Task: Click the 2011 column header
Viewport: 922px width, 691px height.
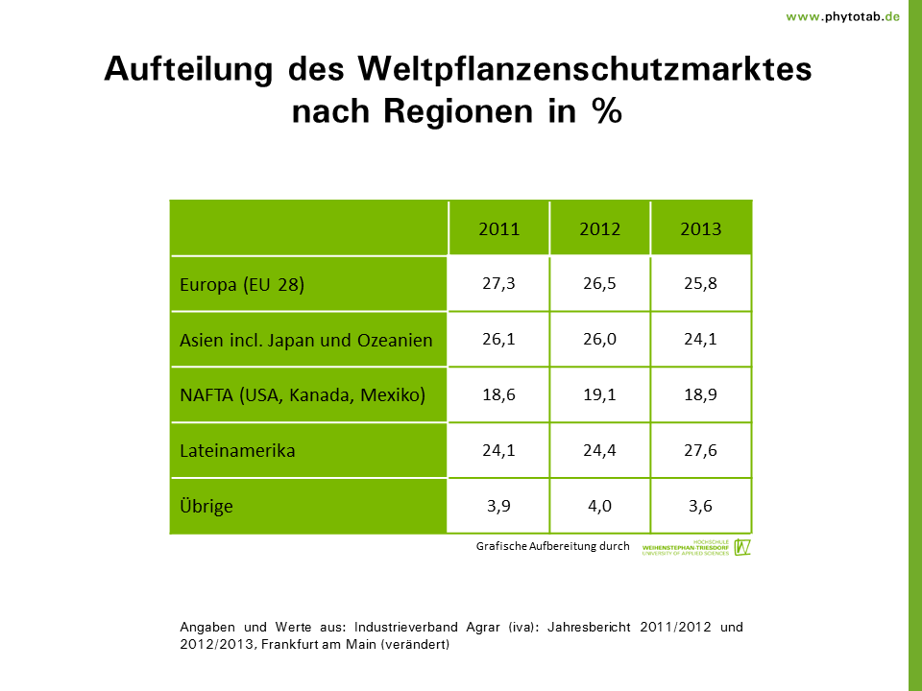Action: pyautogui.click(x=498, y=229)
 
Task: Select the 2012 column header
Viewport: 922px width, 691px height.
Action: pyautogui.click(x=600, y=229)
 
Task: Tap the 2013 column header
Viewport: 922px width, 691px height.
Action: pyautogui.click(x=701, y=229)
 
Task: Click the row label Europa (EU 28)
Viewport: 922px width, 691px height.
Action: pyautogui.click(x=242, y=285)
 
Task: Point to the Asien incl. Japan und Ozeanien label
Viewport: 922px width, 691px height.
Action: pyautogui.click(x=306, y=341)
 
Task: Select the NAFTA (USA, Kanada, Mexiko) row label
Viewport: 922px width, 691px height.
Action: pyautogui.click(x=303, y=395)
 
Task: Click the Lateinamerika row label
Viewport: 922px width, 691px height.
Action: pyautogui.click(x=237, y=451)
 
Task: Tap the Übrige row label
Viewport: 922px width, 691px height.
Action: pyautogui.click(x=206, y=506)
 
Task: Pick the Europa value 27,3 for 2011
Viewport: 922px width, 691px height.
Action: pyautogui.click(x=498, y=284)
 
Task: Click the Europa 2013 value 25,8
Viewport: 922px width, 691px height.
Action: pyautogui.click(x=701, y=284)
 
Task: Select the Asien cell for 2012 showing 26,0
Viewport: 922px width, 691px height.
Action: pyautogui.click(x=600, y=340)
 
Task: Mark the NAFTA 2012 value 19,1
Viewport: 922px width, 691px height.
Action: pyautogui.click(x=600, y=394)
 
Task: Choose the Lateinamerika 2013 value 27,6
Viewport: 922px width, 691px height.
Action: pyautogui.click(x=701, y=450)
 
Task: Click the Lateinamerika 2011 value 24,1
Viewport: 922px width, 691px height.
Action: pyautogui.click(x=498, y=450)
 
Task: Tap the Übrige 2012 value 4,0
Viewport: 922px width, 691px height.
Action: pyautogui.click(x=600, y=506)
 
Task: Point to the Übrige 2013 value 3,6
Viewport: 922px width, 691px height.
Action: pyautogui.click(x=701, y=506)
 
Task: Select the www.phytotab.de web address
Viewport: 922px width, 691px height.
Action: pyautogui.click(x=842, y=16)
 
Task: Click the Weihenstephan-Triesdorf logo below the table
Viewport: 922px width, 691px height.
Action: pyautogui.click(x=696, y=547)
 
